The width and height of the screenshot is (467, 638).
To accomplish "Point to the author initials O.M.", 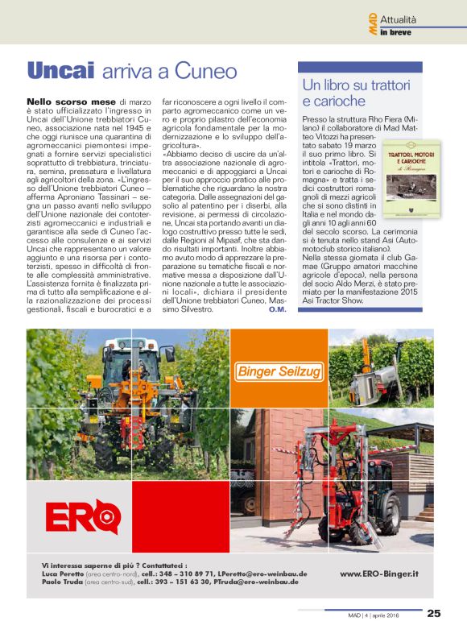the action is coord(278,309).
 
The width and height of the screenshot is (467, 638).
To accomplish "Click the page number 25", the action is coord(434,614).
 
